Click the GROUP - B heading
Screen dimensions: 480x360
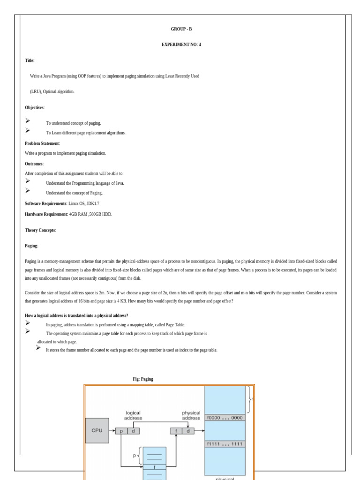pos(181,29)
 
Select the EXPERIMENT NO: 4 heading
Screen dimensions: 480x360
pos(181,45)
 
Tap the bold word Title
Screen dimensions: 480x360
pos(29,60)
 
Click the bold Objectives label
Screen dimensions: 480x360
pos(34,107)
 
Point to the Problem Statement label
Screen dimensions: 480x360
pos(42,143)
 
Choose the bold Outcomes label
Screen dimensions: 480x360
pos(34,164)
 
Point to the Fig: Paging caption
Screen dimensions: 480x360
pos(143,379)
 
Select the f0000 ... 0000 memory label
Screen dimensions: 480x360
pos(225,418)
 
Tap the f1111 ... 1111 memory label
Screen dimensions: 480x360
pos(225,443)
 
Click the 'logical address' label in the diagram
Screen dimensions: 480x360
pos(133,415)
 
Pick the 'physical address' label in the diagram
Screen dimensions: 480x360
pos(191,415)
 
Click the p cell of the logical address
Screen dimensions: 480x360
pos(121,430)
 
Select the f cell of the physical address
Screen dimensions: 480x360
pos(177,430)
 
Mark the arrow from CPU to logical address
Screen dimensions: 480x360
pos(112,430)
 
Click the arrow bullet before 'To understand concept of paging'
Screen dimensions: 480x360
pos(28,120)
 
